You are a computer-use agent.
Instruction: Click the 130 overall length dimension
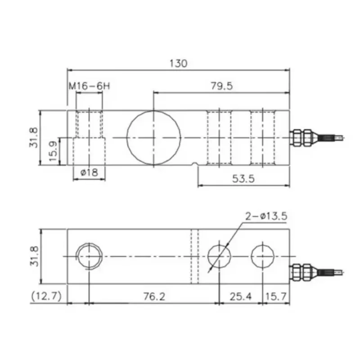178,63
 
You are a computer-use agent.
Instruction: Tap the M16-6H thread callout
89,86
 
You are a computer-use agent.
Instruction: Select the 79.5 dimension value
221,86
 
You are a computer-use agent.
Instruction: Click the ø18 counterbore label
89,172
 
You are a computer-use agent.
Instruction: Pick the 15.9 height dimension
53,152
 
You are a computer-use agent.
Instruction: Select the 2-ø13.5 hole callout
265,216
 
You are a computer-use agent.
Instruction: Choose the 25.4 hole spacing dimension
240,297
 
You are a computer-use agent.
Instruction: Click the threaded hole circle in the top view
89,256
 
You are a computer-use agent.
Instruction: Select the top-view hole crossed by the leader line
219,256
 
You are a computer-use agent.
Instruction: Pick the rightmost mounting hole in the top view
262,256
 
